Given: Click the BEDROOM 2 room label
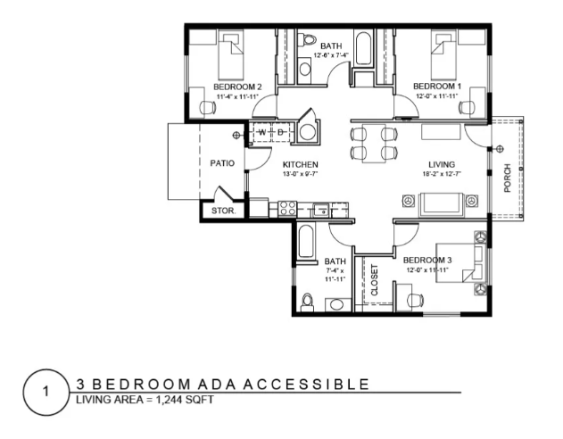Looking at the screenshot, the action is coord(237,87).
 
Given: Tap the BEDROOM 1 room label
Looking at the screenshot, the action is coord(437,87).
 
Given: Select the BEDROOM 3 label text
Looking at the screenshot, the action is coord(427,261).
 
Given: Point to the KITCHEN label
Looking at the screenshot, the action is coord(300,165).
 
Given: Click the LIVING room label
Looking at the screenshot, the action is coord(442,165).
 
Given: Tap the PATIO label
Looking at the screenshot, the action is coord(222,163).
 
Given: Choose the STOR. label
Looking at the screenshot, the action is coord(223,211).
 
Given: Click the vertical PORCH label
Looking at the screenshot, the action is coord(508,178).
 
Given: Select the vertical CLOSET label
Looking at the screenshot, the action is coord(375,280).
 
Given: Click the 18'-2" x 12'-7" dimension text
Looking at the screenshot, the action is coord(442,174).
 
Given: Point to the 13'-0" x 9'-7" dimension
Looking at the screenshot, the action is coord(300,174).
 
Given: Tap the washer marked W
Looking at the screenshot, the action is coord(262,132).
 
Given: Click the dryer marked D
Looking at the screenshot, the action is coord(280,132).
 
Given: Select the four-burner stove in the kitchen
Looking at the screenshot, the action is coord(287,209).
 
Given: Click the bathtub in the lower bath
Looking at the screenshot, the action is coord(306,241).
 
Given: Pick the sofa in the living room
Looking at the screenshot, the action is coord(442,204).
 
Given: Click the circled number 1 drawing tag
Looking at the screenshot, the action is coord(46,392).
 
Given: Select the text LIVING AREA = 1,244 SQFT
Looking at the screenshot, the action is coord(145,400).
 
